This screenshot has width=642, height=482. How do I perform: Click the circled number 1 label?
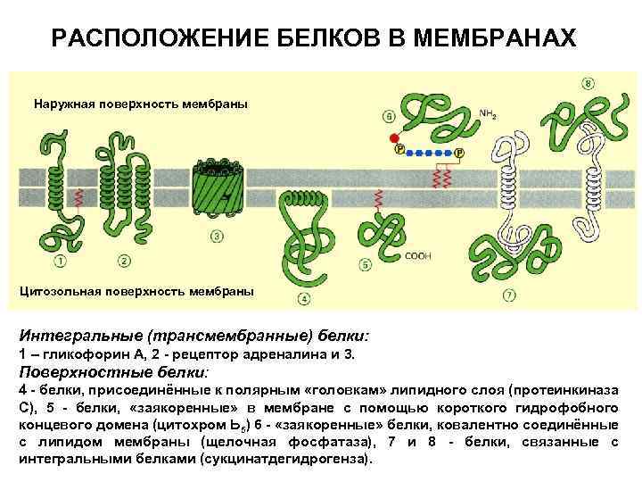61,261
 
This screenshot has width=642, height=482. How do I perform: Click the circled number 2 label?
123,261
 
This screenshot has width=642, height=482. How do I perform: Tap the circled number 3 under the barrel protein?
217,237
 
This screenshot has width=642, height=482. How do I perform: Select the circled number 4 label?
303,298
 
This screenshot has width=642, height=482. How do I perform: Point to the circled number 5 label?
366,265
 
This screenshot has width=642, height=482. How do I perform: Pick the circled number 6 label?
390,116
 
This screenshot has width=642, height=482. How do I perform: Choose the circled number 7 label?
508,295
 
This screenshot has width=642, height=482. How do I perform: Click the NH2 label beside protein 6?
488,114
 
